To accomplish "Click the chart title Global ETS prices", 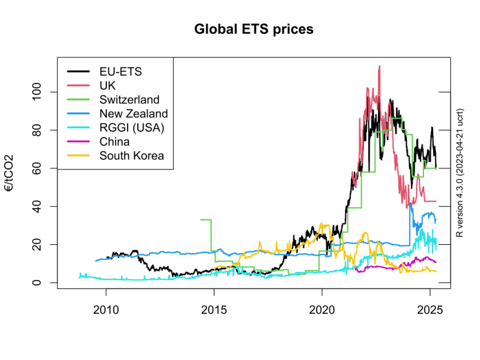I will tap(253, 30).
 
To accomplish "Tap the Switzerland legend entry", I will tap(129, 99).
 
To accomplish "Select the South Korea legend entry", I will tap(132, 156).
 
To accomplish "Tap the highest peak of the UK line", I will tap(379, 67).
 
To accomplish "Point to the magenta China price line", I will tap(400, 266).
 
